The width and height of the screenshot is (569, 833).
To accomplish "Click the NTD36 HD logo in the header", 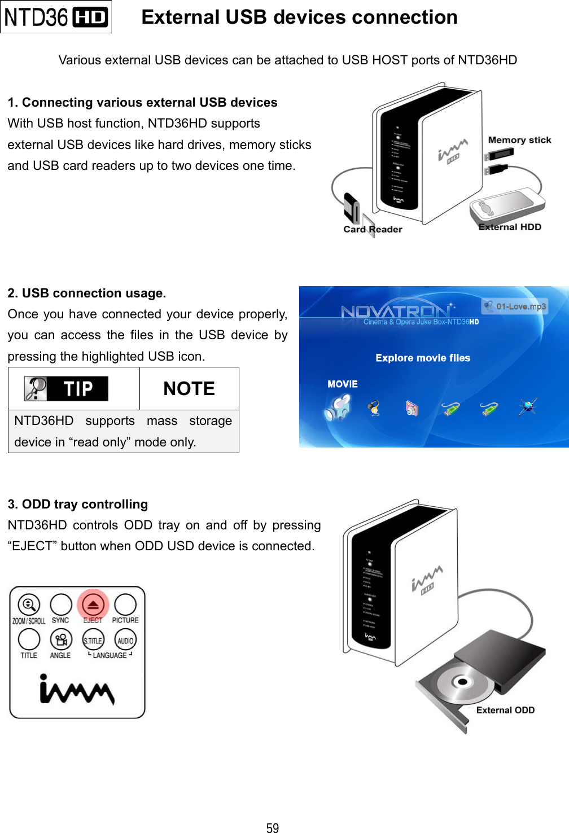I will pyautogui.click(x=55, y=17).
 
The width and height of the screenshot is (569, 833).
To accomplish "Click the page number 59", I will pyautogui.click(x=273, y=827).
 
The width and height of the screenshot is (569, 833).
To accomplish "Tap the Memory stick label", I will pyautogui.click(x=519, y=140).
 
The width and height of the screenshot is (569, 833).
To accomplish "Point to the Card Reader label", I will pyautogui.click(x=373, y=229).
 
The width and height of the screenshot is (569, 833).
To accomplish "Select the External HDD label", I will pyautogui.click(x=510, y=227).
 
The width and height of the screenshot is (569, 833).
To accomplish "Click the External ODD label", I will pyautogui.click(x=505, y=710).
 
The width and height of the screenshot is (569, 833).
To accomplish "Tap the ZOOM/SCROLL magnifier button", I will pyautogui.click(x=29, y=604).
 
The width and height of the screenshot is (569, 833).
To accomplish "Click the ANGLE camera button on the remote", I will pyautogui.click(x=60, y=640).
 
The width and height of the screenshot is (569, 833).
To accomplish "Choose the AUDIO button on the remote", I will pyautogui.click(x=125, y=640).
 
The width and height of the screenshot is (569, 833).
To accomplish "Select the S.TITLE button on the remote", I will pyautogui.click(x=93, y=640).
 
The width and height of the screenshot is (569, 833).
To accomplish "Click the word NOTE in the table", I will pyautogui.click(x=189, y=389).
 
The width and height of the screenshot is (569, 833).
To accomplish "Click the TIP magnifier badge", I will pyautogui.click(x=66, y=389).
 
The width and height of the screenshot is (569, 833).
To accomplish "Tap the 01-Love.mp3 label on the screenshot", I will pyautogui.click(x=515, y=306).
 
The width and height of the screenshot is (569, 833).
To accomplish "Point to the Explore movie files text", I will pyautogui.click(x=423, y=358).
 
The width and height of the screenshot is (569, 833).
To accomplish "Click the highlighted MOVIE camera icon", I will pyautogui.click(x=338, y=407).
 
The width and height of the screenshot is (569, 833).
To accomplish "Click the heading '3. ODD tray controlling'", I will pyautogui.click(x=78, y=504).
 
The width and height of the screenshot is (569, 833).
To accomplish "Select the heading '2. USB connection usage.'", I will pyautogui.click(x=87, y=293).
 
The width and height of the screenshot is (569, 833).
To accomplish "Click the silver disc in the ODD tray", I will pyautogui.click(x=460, y=682).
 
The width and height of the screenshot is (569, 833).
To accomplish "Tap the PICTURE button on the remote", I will pyautogui.click(x=125, y=604).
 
